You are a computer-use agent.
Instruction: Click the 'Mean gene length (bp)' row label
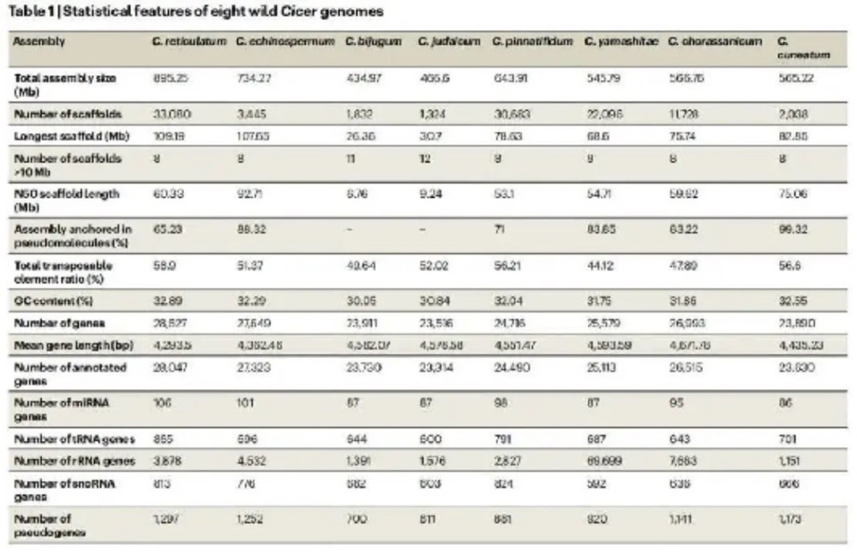[63, 348]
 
